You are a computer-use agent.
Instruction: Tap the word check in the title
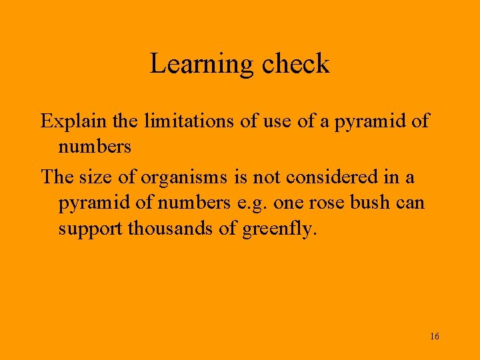click(x=295, y=64)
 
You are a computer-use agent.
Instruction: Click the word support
click(x=91, y=229)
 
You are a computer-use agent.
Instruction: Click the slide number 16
click(x=435, y=336)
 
